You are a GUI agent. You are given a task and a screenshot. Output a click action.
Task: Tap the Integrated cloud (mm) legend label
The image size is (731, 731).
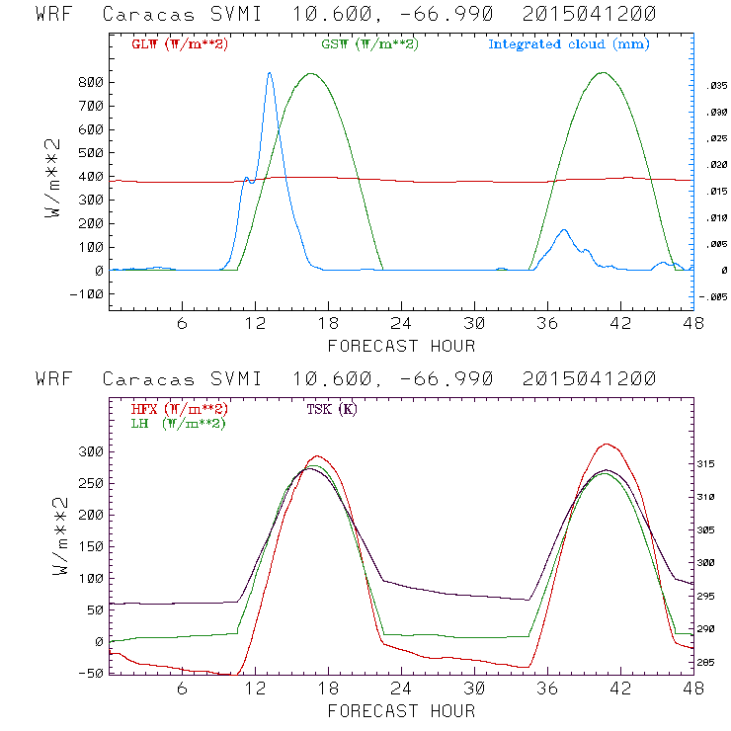coord(569,44)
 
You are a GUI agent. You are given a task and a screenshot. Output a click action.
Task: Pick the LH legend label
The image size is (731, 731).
coord(178,423)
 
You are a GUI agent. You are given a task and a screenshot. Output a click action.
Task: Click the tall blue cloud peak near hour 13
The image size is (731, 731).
coord(269,73)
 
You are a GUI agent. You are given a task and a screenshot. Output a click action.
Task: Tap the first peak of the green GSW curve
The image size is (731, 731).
coord(312,74)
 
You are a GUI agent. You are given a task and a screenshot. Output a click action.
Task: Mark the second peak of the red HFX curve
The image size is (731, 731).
coord(607,445)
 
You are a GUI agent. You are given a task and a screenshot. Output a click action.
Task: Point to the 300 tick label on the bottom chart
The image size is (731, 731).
coord(90,451)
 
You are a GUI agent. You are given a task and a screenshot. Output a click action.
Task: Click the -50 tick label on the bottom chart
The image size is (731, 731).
coord(90,673)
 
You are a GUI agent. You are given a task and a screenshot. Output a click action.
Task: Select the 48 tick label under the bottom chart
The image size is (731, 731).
coord(692,690)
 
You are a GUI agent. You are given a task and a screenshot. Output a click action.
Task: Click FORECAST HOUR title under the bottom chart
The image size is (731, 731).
coord(401,710)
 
